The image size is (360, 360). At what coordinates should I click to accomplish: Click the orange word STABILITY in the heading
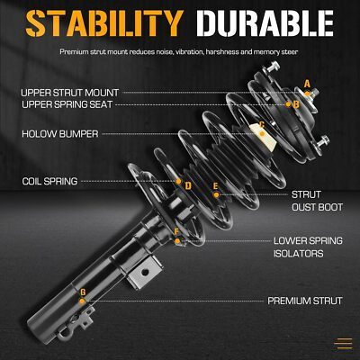[x=104, y=23]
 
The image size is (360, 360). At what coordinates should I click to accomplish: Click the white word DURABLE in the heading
[x=265, y=23]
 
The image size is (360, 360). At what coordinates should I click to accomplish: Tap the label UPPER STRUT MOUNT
[x=70, y=93]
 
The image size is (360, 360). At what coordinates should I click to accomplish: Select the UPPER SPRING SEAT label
[x=67, y=104]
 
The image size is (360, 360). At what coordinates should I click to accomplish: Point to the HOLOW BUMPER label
[x=60, y=134]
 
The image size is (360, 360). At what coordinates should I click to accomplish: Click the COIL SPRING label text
[x=49, y=181]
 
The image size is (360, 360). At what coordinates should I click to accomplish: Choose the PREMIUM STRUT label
[x=305, y=301]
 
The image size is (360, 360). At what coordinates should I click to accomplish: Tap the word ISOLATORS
[x=298, y=254]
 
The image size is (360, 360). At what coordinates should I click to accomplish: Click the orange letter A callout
[x=307, y=84]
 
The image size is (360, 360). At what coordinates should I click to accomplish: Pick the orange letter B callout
[x=296, y=104]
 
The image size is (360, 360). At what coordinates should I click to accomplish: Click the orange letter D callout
[x=188, y=186]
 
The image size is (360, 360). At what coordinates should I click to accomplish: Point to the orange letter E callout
[x=215, y=186]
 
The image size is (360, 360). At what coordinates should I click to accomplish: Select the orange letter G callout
[x=83, y=292]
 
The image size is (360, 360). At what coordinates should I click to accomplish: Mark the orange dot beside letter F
[x=177, y=241]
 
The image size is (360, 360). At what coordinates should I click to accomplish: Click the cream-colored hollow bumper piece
[x=264, y=138]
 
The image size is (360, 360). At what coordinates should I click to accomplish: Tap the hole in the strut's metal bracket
[x=145, y=273]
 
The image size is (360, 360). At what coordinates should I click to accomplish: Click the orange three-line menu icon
[x=343, y=343]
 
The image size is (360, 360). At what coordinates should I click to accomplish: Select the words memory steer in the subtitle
[x=275, y=52]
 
